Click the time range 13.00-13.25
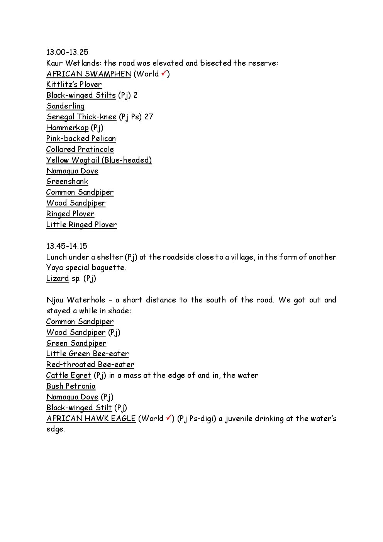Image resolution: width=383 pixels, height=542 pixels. [x=67, y=52]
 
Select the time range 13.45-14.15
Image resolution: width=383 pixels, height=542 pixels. [x=67, y=246]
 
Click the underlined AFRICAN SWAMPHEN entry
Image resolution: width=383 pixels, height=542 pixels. [x=89, y=74]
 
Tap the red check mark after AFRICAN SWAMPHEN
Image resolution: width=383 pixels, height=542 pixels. [x=164, y=73]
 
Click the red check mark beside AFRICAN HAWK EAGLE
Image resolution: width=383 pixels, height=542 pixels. [x=169, y=418]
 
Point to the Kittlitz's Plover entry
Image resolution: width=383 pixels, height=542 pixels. [x=74, y=85]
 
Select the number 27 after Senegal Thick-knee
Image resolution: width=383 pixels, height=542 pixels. [x=149, y=117]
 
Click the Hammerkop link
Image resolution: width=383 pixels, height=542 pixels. [x=68, y=127]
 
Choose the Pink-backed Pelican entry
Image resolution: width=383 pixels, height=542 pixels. [x=81, y=138]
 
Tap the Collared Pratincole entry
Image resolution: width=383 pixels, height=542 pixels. [x=80, y=149]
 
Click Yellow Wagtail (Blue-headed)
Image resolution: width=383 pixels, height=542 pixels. [x=99, y=160]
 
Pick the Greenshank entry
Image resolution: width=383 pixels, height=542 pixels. [x=67, y=182]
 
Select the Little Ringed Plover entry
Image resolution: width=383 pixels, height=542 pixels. [x=81, y=224]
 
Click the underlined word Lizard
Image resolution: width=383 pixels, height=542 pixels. [x=58, y=279]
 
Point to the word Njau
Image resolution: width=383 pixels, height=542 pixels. [x=54, y=300]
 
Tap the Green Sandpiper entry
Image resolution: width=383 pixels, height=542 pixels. [x=76, y=343]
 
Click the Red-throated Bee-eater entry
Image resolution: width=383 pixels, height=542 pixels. [x=90, y=365]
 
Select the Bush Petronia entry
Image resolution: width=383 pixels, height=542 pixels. [x=71, y=386]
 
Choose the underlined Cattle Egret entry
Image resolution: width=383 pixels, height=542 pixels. [x=69, y=375]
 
